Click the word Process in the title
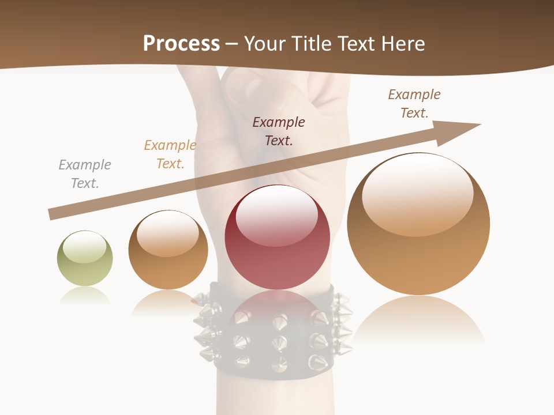181,44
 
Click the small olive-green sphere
85,258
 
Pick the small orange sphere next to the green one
168,250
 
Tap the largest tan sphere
418,224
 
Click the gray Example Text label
85,174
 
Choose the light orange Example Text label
170,154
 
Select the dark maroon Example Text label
279,131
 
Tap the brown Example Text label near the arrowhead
414,103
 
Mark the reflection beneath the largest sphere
418,320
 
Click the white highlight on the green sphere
85,247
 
